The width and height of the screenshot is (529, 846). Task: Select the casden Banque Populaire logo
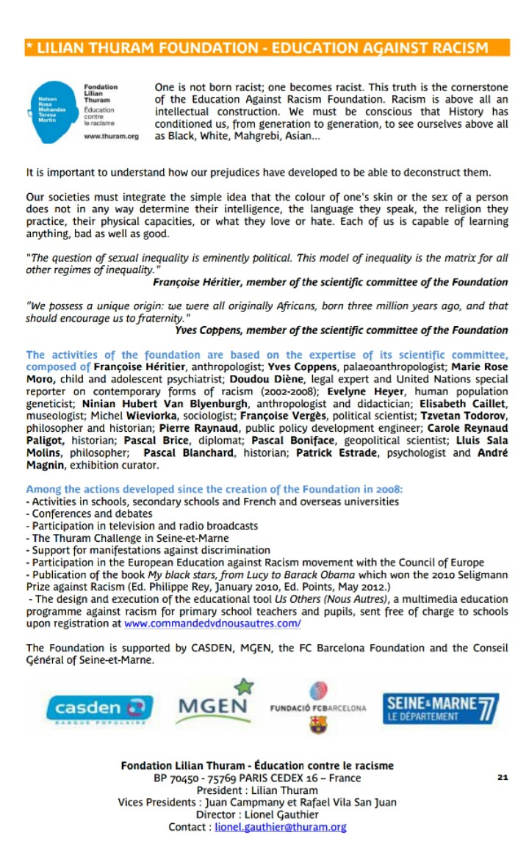tap(99, 708)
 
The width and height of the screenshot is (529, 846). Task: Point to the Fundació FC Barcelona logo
tap(318, 708)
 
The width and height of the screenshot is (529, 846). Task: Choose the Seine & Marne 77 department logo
tap(440, 707)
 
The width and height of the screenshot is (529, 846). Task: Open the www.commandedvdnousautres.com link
tap(212, 623)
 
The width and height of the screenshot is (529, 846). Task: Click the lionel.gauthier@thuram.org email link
tap(280, 826)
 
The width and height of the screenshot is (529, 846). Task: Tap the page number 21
tap(503, 777)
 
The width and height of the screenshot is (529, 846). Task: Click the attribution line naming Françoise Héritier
tap(330, 282)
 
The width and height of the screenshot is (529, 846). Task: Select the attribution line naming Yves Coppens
tap(341, 330)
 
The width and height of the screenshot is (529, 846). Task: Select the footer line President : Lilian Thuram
tap(256, 790)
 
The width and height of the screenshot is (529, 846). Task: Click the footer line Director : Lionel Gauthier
tap(257, 814)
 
